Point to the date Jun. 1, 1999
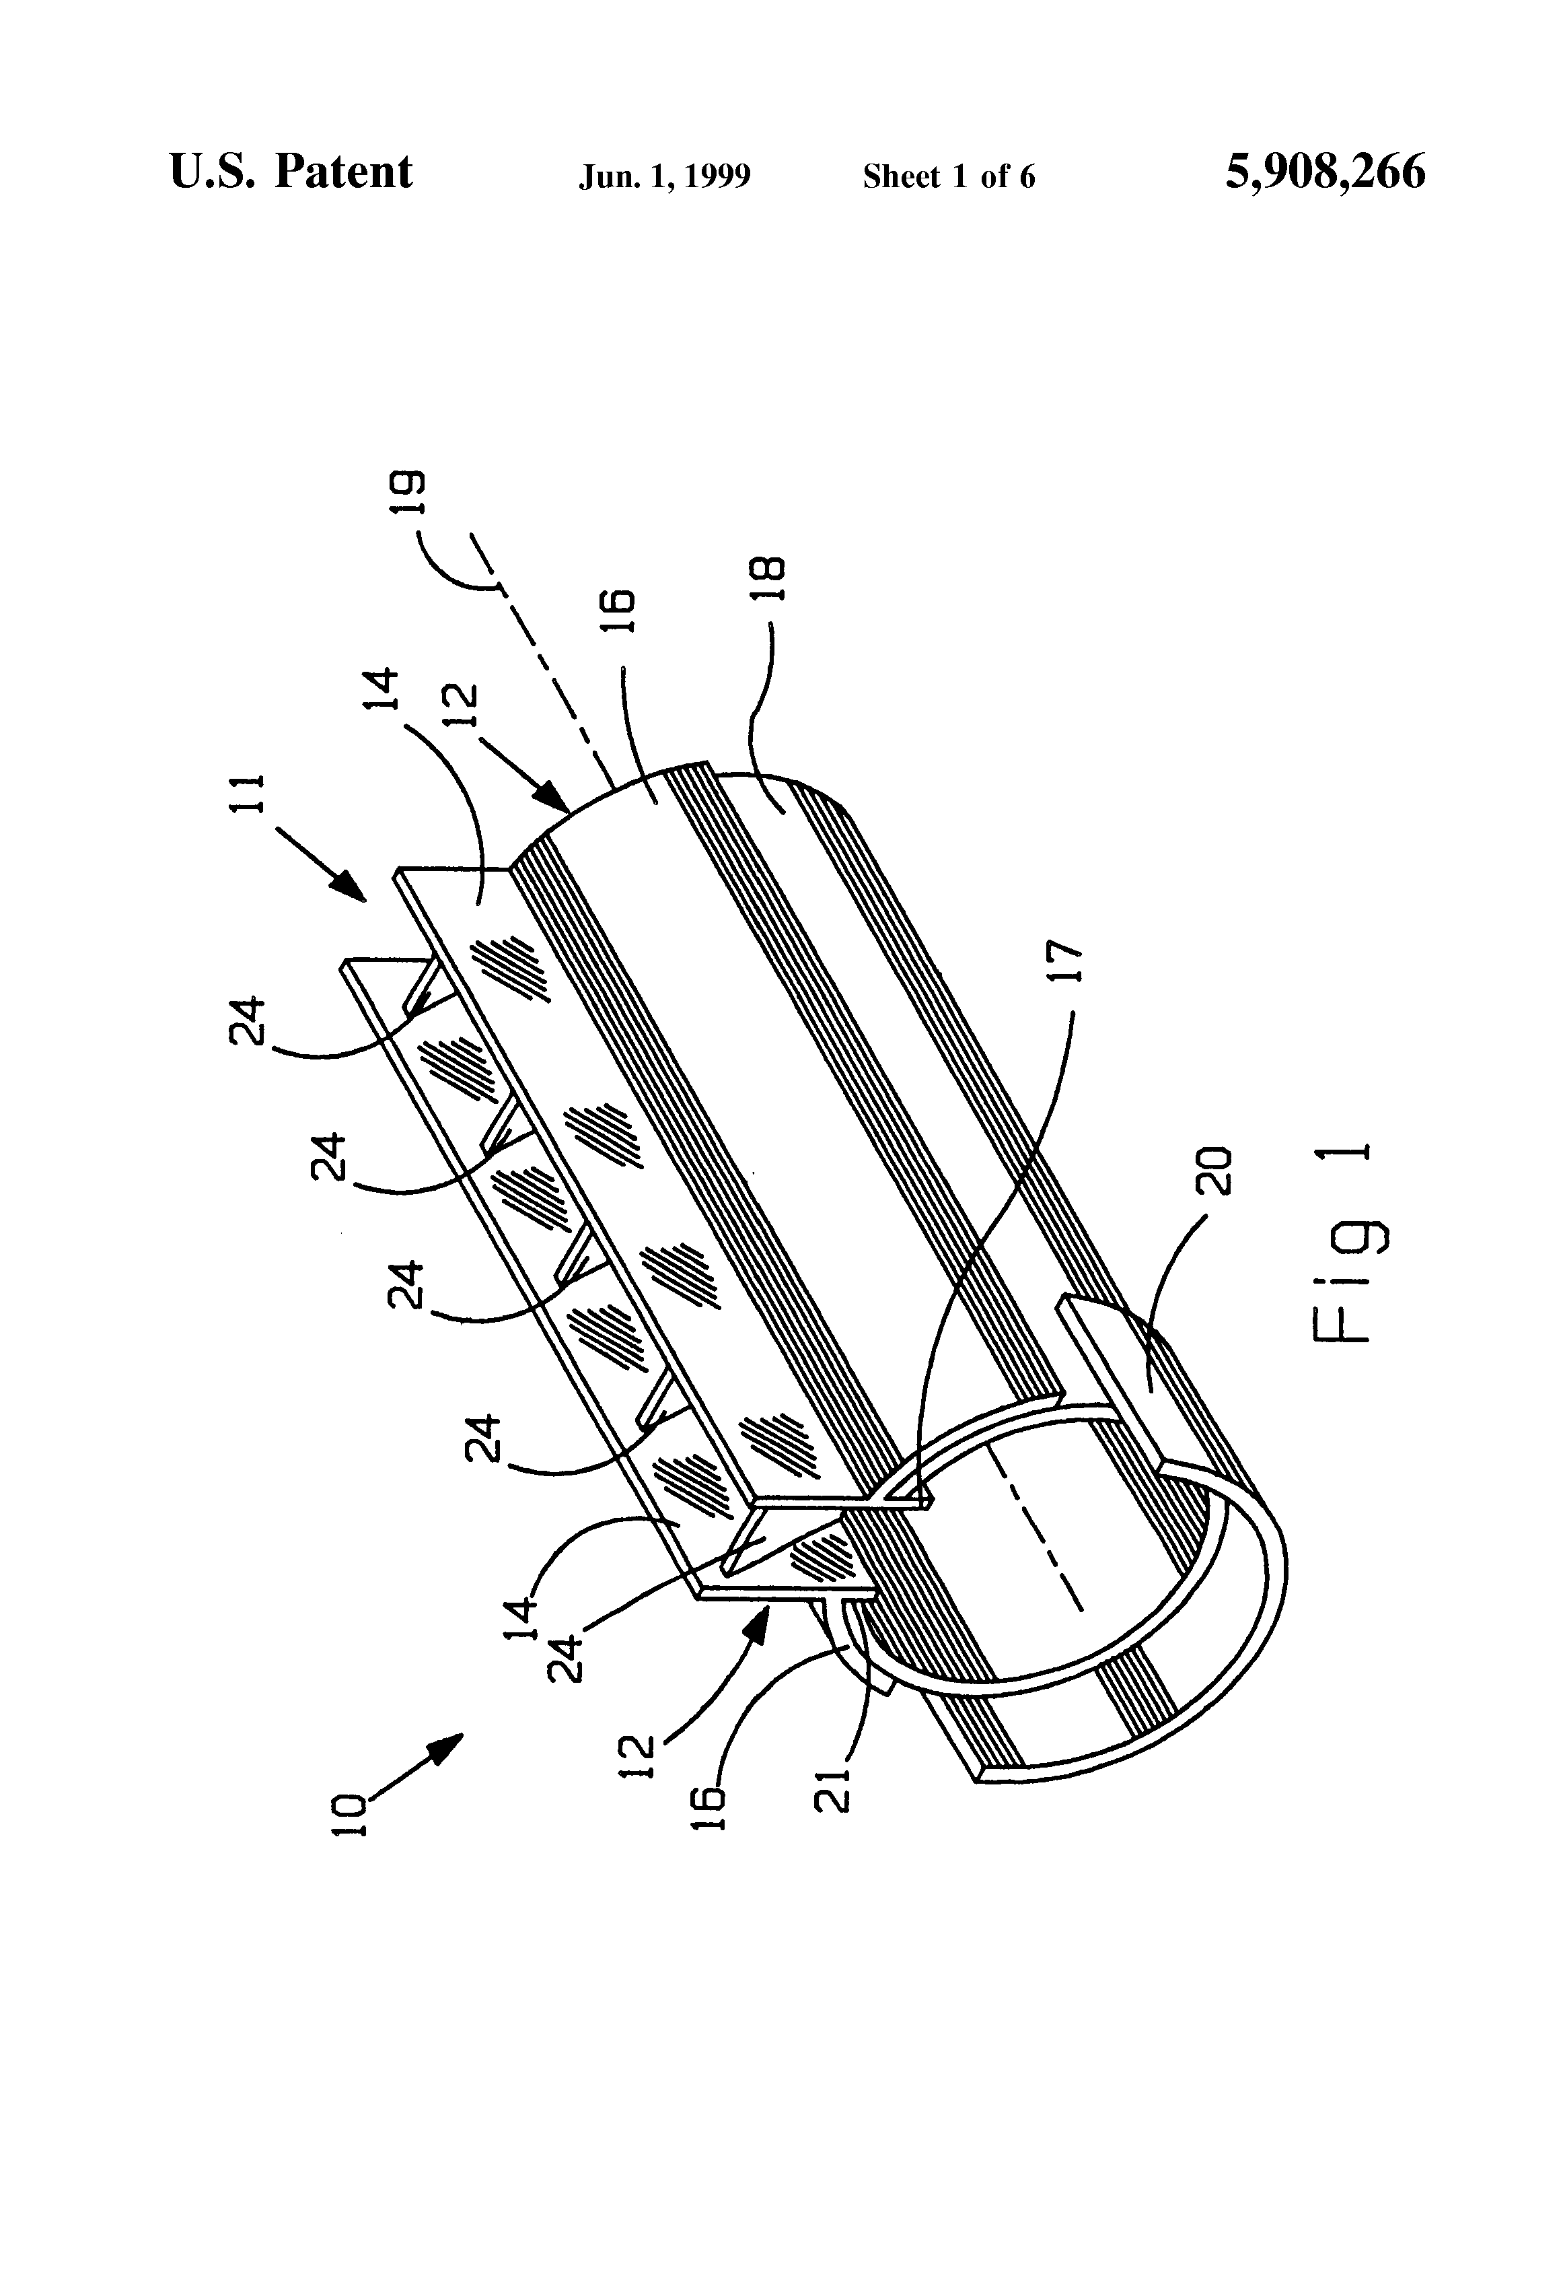(x=664, y=176)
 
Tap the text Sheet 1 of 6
(x=948, y=176)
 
